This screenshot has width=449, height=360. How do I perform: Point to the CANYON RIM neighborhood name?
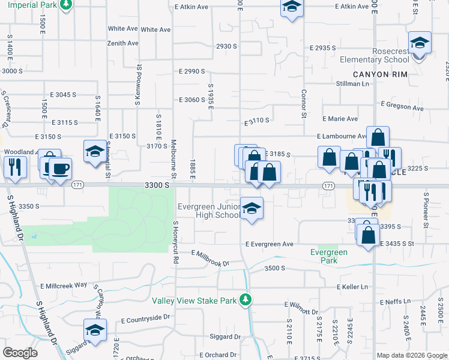[x=380, y=74]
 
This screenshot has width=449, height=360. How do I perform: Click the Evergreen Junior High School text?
[x=209, y=211]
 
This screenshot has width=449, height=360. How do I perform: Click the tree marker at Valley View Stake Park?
[x=245, y=299]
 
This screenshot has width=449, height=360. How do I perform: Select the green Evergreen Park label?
[x=329, y=256]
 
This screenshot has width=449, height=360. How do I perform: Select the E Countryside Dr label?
[x=146, y=318]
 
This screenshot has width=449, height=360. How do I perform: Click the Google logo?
[x=20, y=353]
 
